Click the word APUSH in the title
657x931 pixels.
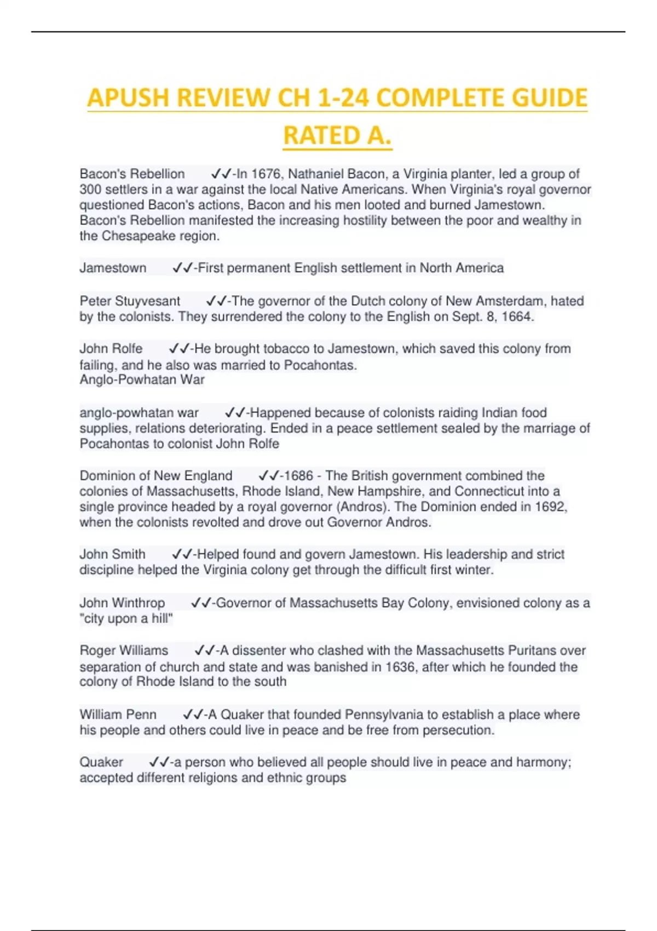point(128,99)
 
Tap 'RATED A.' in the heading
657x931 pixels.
point(337,136)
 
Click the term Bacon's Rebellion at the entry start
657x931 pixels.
point(132,174)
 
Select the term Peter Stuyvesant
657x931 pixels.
point(130,301)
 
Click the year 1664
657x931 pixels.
point(517,317)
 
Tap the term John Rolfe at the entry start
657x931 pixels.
point(111,349)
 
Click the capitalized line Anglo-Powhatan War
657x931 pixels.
point(142,380)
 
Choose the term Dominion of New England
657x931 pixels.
point(156,476)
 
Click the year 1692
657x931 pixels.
point(550,507)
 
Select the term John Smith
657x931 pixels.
point(112,554)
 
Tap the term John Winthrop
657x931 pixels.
point(122,603)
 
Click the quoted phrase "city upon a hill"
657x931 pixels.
point(126,619)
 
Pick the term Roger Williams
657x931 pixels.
point(124,651)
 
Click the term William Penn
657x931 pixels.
point(118,715)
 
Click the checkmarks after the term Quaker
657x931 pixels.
point(159,762)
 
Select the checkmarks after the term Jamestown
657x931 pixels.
point(182,268)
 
